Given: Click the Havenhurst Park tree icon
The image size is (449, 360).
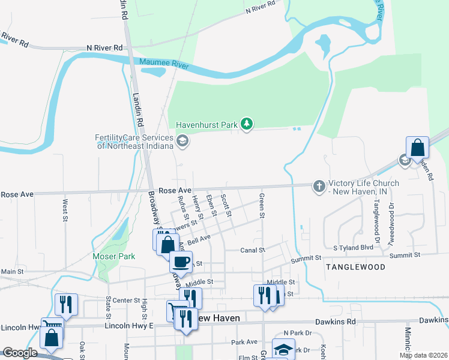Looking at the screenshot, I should pos(246,124).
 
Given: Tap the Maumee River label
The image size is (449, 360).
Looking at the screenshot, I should pos(164,62).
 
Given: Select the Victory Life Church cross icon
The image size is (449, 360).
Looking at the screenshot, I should pos(319,186).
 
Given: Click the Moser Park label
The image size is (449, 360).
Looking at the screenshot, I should pos(114,256).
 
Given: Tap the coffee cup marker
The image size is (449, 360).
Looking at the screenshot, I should pos(181,261).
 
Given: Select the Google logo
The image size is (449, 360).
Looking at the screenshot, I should pos(20,353).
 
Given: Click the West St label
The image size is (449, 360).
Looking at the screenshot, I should pos(64,208).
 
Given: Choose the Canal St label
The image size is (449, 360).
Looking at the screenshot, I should pos(253,250).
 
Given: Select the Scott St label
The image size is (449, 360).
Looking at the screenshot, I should pos(226,205).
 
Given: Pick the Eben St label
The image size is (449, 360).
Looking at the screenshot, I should pos(211,205).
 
